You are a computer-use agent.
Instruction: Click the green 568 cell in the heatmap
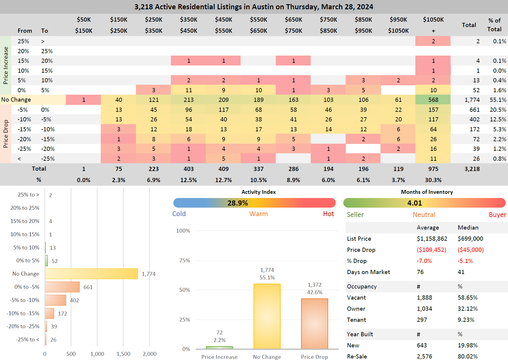[433, 100]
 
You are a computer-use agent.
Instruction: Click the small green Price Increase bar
[219, 348]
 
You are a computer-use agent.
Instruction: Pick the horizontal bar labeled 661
[62, 287]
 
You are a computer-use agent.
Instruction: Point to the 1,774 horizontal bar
[91, 274]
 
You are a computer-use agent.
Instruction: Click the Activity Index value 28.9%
[238, 203]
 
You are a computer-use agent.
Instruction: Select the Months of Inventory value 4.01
[414, 203]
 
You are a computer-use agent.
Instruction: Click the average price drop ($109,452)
[431, 250]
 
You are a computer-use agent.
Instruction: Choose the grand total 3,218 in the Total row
[472, 169]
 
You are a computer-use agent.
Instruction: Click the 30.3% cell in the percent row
[433, 180]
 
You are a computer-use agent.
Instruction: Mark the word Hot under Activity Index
[328, 214]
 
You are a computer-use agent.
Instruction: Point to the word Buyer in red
[497, 215]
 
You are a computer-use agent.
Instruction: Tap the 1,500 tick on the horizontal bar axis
[123, 354]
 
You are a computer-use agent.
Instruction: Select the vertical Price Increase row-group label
[6, 65]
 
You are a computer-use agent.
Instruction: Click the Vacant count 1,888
[424, 297]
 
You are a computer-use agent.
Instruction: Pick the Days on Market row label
[368, 272]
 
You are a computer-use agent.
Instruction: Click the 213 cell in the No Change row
[189, 100]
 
